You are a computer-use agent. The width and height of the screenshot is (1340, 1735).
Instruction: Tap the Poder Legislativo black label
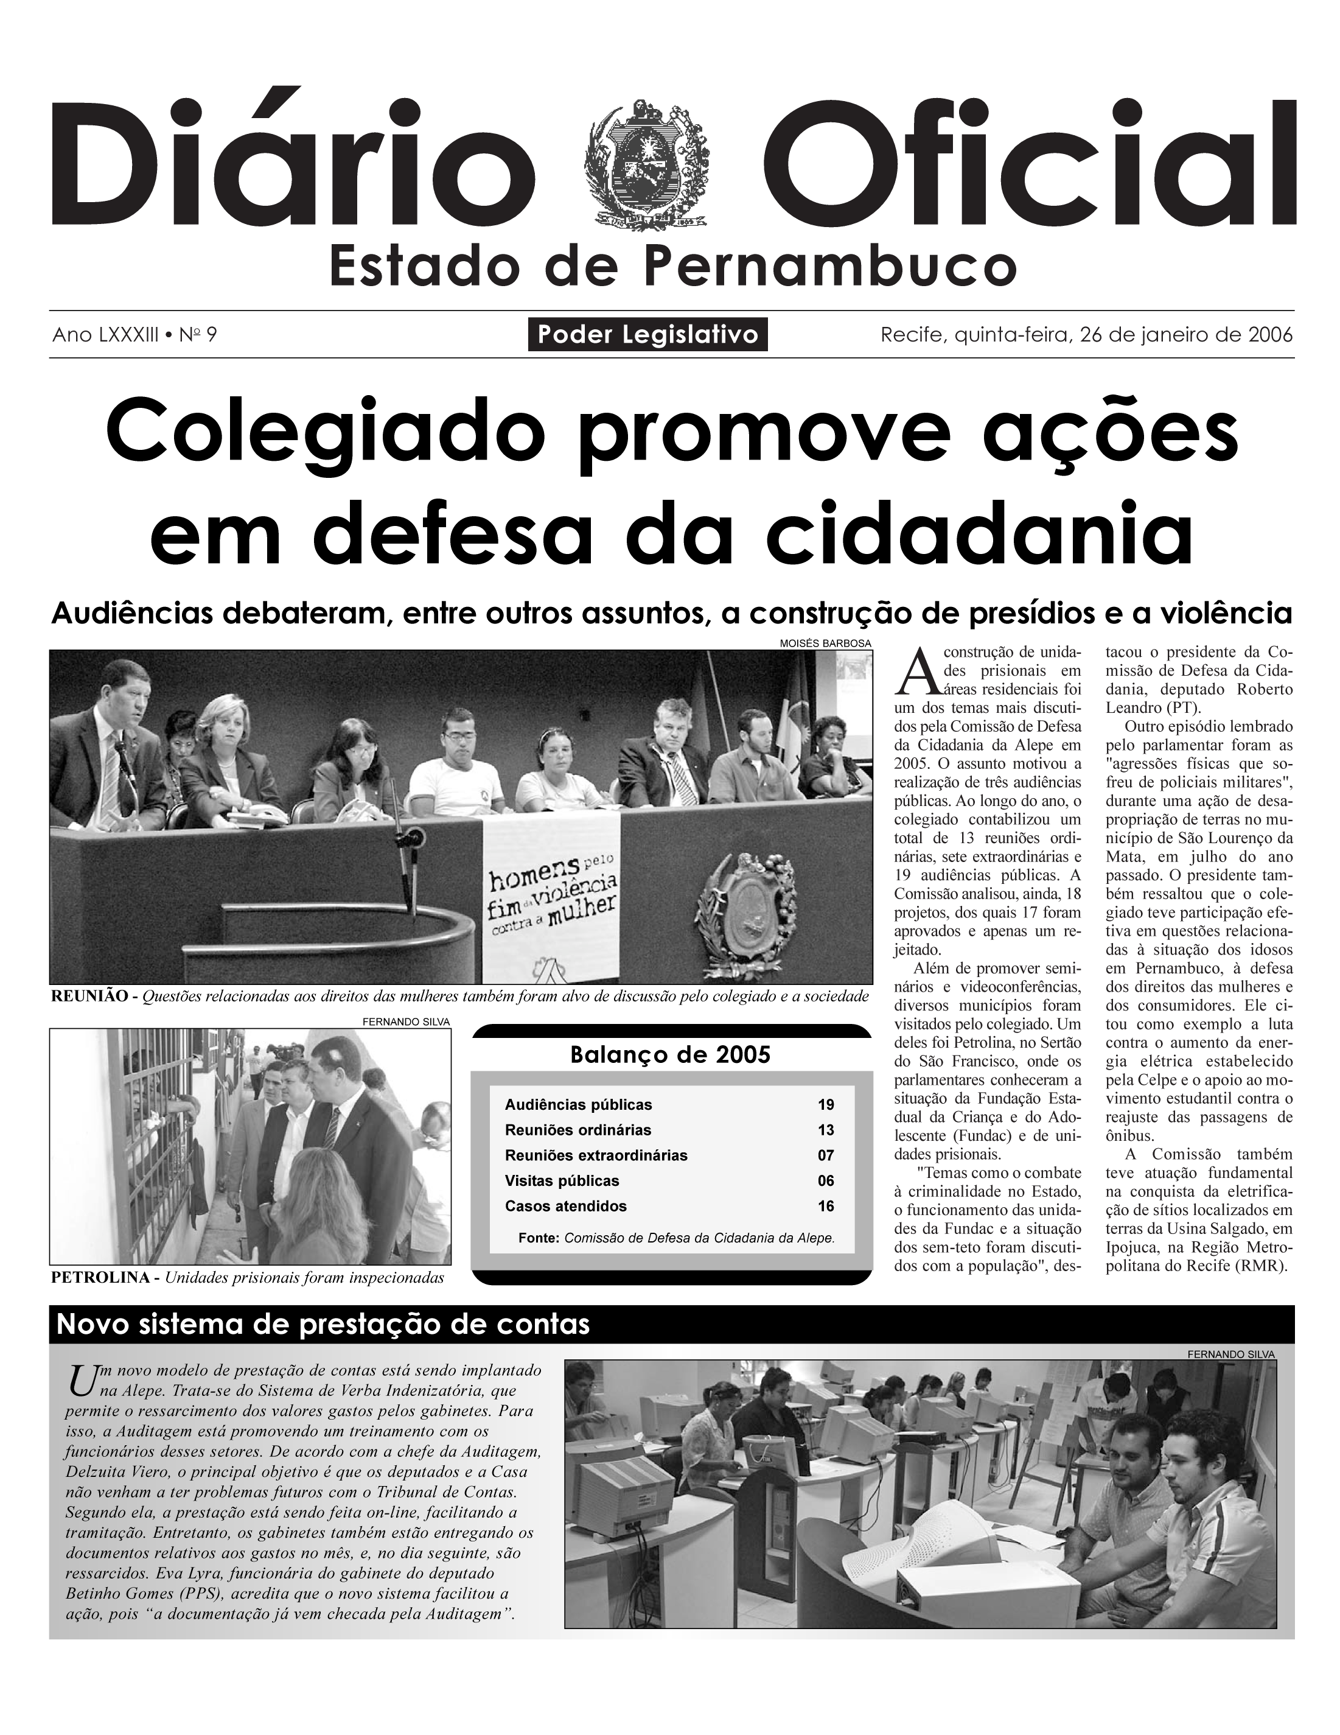point(647,334)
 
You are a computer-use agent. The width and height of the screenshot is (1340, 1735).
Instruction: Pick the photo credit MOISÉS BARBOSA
point(825,643)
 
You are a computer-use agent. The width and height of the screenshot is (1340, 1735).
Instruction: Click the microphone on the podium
point(411,838)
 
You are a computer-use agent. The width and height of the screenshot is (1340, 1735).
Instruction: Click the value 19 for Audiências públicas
point(825,1105)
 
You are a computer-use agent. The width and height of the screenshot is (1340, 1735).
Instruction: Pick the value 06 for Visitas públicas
point(825,1181)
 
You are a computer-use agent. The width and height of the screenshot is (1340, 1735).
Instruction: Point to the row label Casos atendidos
point(565,1207)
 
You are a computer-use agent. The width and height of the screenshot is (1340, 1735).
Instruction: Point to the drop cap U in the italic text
point(80,1380)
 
